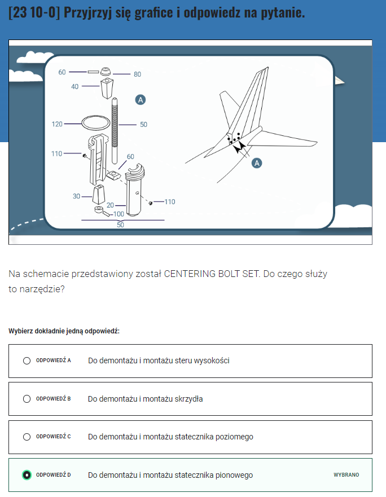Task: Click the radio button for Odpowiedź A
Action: pos(27,360)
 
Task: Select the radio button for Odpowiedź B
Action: pos(27,399)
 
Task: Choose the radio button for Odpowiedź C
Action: pos(27,437)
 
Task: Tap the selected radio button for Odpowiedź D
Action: pos(27,475)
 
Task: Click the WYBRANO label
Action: pos(346,475)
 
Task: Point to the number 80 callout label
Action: pos(137,74)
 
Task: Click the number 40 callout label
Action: pos(75,86)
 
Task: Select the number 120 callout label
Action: pos(57,124)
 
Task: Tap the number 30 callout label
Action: pos(76,196)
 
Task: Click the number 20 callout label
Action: pos(110,205)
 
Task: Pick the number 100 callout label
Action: pos(119,214)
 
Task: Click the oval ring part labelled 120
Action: pos(96,116)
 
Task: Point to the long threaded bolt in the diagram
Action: pos(115,130)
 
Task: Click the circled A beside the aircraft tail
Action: pos(257,163)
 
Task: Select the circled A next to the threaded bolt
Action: pos(140,100)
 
